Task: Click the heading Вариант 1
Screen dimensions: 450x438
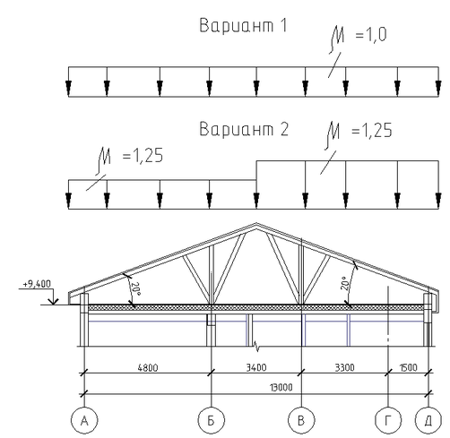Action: (x=243, y=25)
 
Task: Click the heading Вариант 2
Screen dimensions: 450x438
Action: (x=244, y=129)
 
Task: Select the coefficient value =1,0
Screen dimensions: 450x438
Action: (x=371, y=35)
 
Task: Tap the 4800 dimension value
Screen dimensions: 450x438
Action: (x=148, y=367)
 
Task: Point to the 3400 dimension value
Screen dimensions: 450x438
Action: (x=256, y=367)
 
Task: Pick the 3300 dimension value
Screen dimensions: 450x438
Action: (x=344, y=367)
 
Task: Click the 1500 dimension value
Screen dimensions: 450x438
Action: (x=409, y=367)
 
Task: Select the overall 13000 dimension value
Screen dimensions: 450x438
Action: (x=281, y=388)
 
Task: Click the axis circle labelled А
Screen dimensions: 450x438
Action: (x=84, y=420)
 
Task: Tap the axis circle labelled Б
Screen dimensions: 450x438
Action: (x=212, y=420)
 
